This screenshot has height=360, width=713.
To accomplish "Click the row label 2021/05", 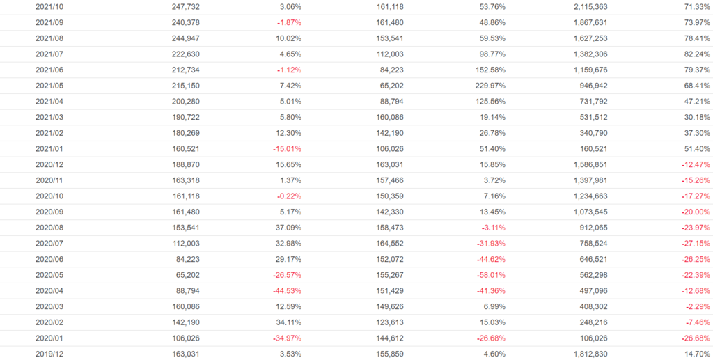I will pos(49,85).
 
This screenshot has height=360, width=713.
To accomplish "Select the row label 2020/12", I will pos(49,164).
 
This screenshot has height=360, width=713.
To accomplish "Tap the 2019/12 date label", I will pos(49,354).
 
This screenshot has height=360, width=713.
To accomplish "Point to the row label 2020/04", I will pos(49,290).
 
